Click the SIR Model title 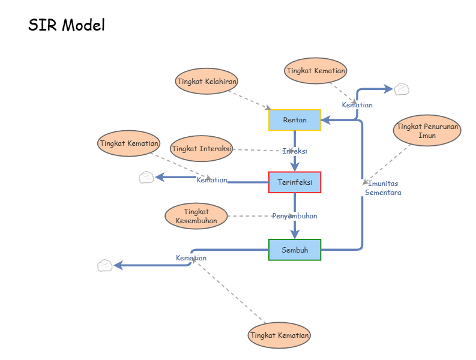[x=67, y=25]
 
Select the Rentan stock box [x=295, y=120]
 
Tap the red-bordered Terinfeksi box [x=295, y=182]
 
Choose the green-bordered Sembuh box [x=295, y=250]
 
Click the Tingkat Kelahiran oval [x=206, y=81]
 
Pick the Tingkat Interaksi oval [x=202, y=148]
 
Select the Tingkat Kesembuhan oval [x=196, y=216]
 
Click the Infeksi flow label [x=295, y=151]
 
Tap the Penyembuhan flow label [x=294, y=215]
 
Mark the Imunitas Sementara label [x=383, y=188]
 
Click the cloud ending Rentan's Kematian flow [x=402, y=89]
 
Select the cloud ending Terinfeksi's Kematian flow [x=146, y=177]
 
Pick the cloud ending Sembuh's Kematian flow [x=105, y=265]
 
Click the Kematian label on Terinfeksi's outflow [x=212, y=180]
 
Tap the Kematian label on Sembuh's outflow [x=191, y=258]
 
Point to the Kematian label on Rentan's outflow [x=357, y=105]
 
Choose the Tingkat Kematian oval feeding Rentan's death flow [x=316, y=70]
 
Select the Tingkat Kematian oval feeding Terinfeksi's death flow [x=129, y=143]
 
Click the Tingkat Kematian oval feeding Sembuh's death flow [x=280, y=335]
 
